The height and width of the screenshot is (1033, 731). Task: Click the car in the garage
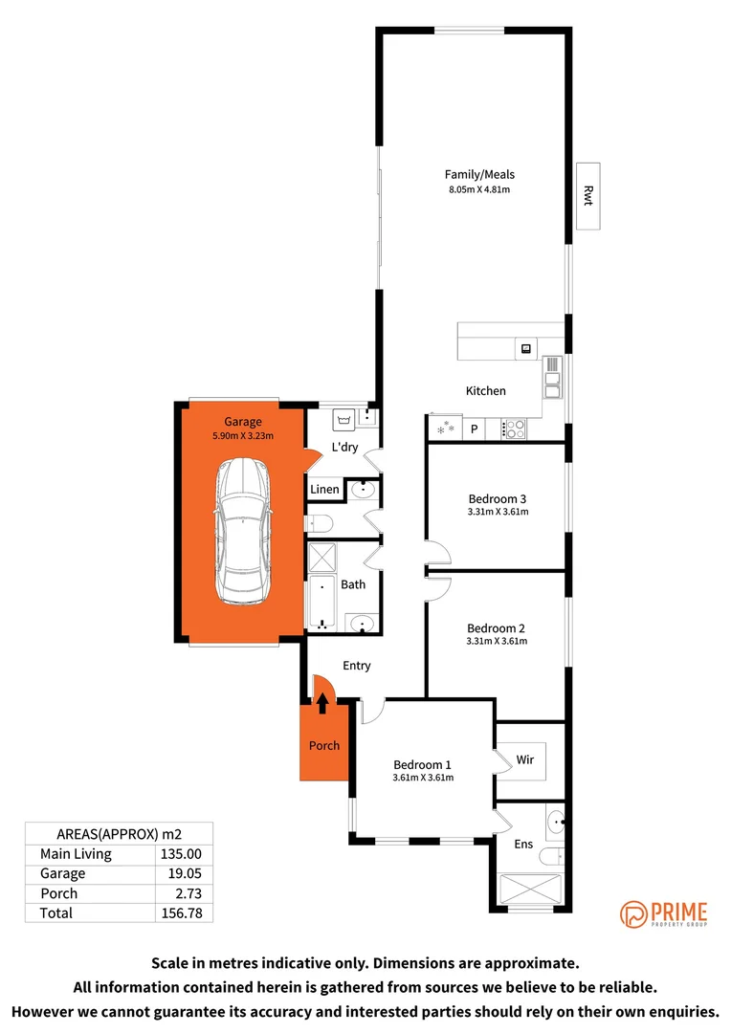click(243, 532)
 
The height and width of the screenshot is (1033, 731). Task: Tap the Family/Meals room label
click(479, 174)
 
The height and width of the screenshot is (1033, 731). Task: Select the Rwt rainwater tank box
click(588, 195)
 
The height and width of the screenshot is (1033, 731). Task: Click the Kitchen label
click(485, 390)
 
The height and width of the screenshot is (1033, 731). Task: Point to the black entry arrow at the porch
click(322, 704)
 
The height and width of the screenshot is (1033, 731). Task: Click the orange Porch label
click(323, 746)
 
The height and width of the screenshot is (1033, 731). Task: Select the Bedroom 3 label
click(498, 498)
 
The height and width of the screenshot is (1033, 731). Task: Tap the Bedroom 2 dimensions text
click(498, 641)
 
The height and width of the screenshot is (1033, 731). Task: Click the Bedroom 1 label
click(422, 764)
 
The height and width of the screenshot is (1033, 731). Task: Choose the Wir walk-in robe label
click(524, 760)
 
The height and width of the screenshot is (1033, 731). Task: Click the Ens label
click(523, 845)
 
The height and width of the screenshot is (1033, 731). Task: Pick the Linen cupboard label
click(324, 490)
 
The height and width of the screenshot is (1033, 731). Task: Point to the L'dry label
click(343, 448)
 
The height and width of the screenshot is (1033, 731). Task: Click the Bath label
click(353, 584)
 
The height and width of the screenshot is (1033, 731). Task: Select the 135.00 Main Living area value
click(182, 854)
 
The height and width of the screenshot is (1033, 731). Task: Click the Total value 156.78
click(182, 912)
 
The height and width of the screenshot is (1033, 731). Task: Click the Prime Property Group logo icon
click(633, 915)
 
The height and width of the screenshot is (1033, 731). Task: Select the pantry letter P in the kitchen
click(474, 429)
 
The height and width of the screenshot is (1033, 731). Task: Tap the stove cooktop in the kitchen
click(513, 429)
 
